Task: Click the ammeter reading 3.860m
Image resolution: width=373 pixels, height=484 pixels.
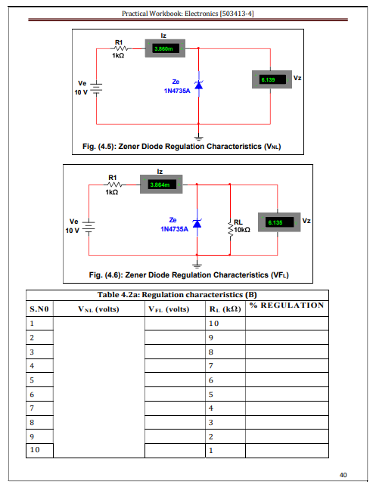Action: [x=165, y=48]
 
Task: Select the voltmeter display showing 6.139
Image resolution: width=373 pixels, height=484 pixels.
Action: [x=272, y=79]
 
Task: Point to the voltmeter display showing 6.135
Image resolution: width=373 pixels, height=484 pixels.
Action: [x=279, y=222]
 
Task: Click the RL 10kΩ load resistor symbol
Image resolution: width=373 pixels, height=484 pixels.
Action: [x=230, y=229]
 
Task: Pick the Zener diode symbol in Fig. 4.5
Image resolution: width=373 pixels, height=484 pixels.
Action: [x=198, y=84]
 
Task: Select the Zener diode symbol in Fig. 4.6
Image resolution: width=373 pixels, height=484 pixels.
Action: [x=197, y=223]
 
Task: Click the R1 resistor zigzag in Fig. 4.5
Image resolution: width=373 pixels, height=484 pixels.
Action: [x=121, y=48]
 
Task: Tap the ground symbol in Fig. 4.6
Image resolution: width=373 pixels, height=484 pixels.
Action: [x=197, y=264]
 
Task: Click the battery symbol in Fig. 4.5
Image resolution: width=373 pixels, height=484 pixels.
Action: [x=96, y=88]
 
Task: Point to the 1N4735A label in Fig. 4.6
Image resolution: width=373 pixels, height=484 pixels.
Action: [x=174, y=229]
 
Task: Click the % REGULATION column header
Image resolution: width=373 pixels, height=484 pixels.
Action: [x=287, y=306]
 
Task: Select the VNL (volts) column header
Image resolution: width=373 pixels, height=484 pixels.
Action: [x=98, y=309]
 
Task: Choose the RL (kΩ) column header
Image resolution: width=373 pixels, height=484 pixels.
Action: [x=225, y=309]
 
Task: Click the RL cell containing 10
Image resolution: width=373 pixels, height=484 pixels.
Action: [x=225, y=323]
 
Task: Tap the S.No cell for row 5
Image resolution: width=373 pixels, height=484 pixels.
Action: [x=39, y=380]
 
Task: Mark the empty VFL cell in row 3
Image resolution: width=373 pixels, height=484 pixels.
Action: [x=175, y=352]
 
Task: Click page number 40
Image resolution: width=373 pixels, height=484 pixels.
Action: [x=343, y=475]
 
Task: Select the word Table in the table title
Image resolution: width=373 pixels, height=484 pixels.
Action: [x=107, y=295]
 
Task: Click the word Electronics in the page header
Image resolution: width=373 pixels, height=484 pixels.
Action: [x=201, y=14]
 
